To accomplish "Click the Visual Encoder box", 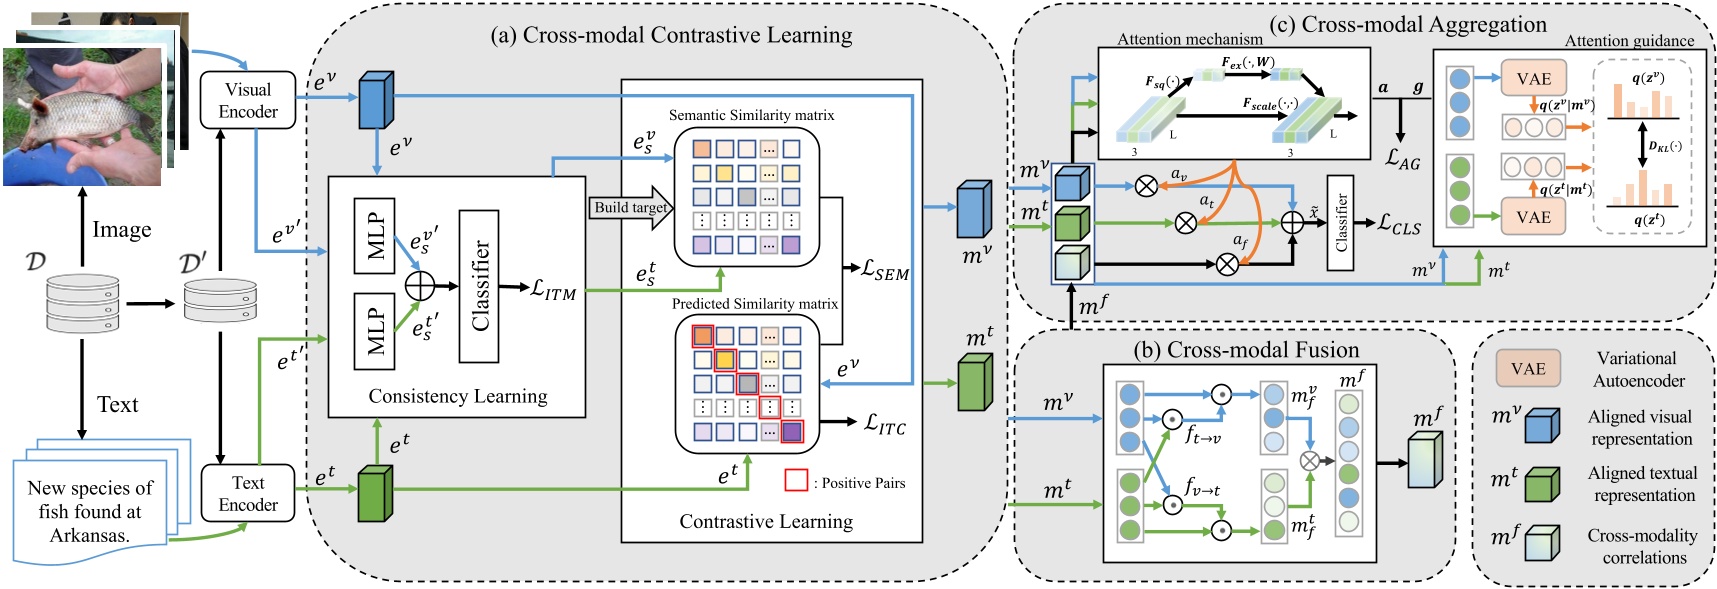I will click(248, 100).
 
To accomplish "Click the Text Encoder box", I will click(248, 493).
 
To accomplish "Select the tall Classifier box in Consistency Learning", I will click(479, 286).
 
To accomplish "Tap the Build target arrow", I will click(631, 208).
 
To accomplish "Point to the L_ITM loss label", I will click(554, 289).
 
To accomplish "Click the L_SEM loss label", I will click(886, 269).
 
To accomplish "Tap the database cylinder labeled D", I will click(82, 302).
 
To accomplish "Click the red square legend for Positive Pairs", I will click(796, 481).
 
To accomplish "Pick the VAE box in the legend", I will click(1528, 369).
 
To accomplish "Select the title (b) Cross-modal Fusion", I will click(1246, 350).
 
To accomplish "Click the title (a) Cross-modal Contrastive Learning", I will click(671, 35).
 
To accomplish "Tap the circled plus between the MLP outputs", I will click(419, 286).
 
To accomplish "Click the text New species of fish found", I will click(90, 511).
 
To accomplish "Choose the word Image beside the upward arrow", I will click(122, 230).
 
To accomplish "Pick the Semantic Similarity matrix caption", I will click(751, 115).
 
